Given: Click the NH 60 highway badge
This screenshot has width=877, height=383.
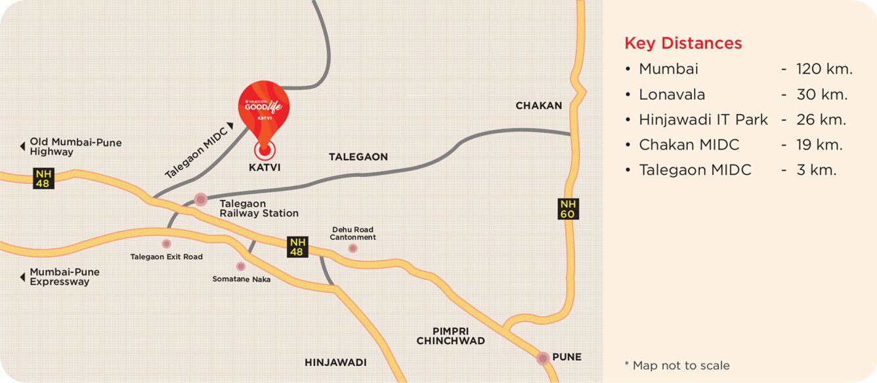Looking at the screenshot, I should (568, 209).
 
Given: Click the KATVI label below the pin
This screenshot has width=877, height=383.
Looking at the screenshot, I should (265, 167).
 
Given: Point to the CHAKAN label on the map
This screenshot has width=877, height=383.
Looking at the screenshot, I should (539, 106).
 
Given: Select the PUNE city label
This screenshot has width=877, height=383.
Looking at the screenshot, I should (567, 357).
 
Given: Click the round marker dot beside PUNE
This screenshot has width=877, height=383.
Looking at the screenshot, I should (543, 358).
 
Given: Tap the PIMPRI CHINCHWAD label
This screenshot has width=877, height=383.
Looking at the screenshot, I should (450, 336).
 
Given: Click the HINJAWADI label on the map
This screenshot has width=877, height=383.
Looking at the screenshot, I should (335, 363).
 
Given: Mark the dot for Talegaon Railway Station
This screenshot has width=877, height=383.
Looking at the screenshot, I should (201, 199).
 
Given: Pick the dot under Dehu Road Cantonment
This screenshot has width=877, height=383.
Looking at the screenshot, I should (353, 249).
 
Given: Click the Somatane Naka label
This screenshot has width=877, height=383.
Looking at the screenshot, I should (242, 279).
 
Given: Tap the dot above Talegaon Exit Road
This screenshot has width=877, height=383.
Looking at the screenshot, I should (167, 244).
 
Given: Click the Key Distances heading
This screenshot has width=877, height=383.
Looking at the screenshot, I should (683, 43).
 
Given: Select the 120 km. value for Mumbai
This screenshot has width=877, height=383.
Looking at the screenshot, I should (824, 69).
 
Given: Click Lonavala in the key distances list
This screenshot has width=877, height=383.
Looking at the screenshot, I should (672, 94).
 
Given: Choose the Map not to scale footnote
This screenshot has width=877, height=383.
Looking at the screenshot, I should (677, 365).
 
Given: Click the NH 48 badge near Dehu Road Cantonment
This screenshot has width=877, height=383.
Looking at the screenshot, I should (297, 247).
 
